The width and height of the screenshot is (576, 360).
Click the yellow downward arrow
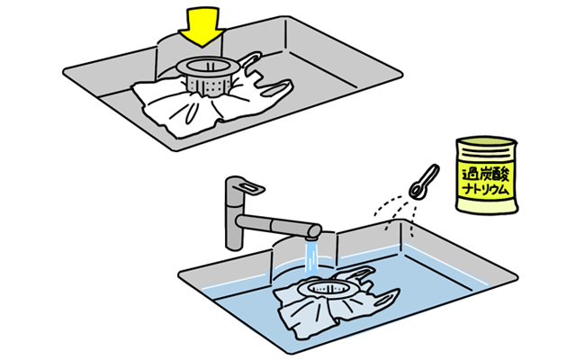click(202, 26)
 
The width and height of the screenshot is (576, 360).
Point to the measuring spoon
click(424, 182)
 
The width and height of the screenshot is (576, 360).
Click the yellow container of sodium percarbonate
click(486, 175)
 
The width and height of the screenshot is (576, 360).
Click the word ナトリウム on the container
click(486, 190)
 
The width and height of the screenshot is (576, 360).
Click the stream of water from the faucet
click(311, 258)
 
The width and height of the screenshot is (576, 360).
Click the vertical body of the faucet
click(234, 217)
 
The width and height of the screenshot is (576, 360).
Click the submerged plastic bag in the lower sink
click(330, 305)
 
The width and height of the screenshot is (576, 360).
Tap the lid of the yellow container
click(486, 142)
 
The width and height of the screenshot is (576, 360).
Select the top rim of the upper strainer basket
click(208, 66)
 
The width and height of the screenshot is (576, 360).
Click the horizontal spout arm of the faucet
click(278, 225)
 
